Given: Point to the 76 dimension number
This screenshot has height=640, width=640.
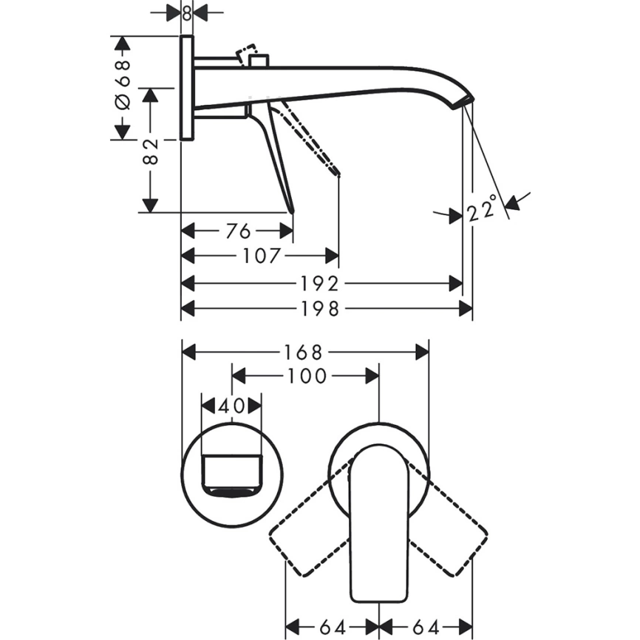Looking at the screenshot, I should [239, 231].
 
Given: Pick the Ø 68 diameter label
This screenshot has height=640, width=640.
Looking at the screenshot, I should [123, 85].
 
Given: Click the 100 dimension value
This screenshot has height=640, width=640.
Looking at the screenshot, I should [306, 376].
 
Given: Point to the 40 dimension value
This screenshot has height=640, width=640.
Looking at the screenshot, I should [232, 406].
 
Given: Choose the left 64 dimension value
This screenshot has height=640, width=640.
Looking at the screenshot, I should [332, 627].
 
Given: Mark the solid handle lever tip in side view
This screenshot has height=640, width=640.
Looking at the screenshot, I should [293, 210].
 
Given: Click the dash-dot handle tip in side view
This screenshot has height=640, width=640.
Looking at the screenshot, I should [338, 175].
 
